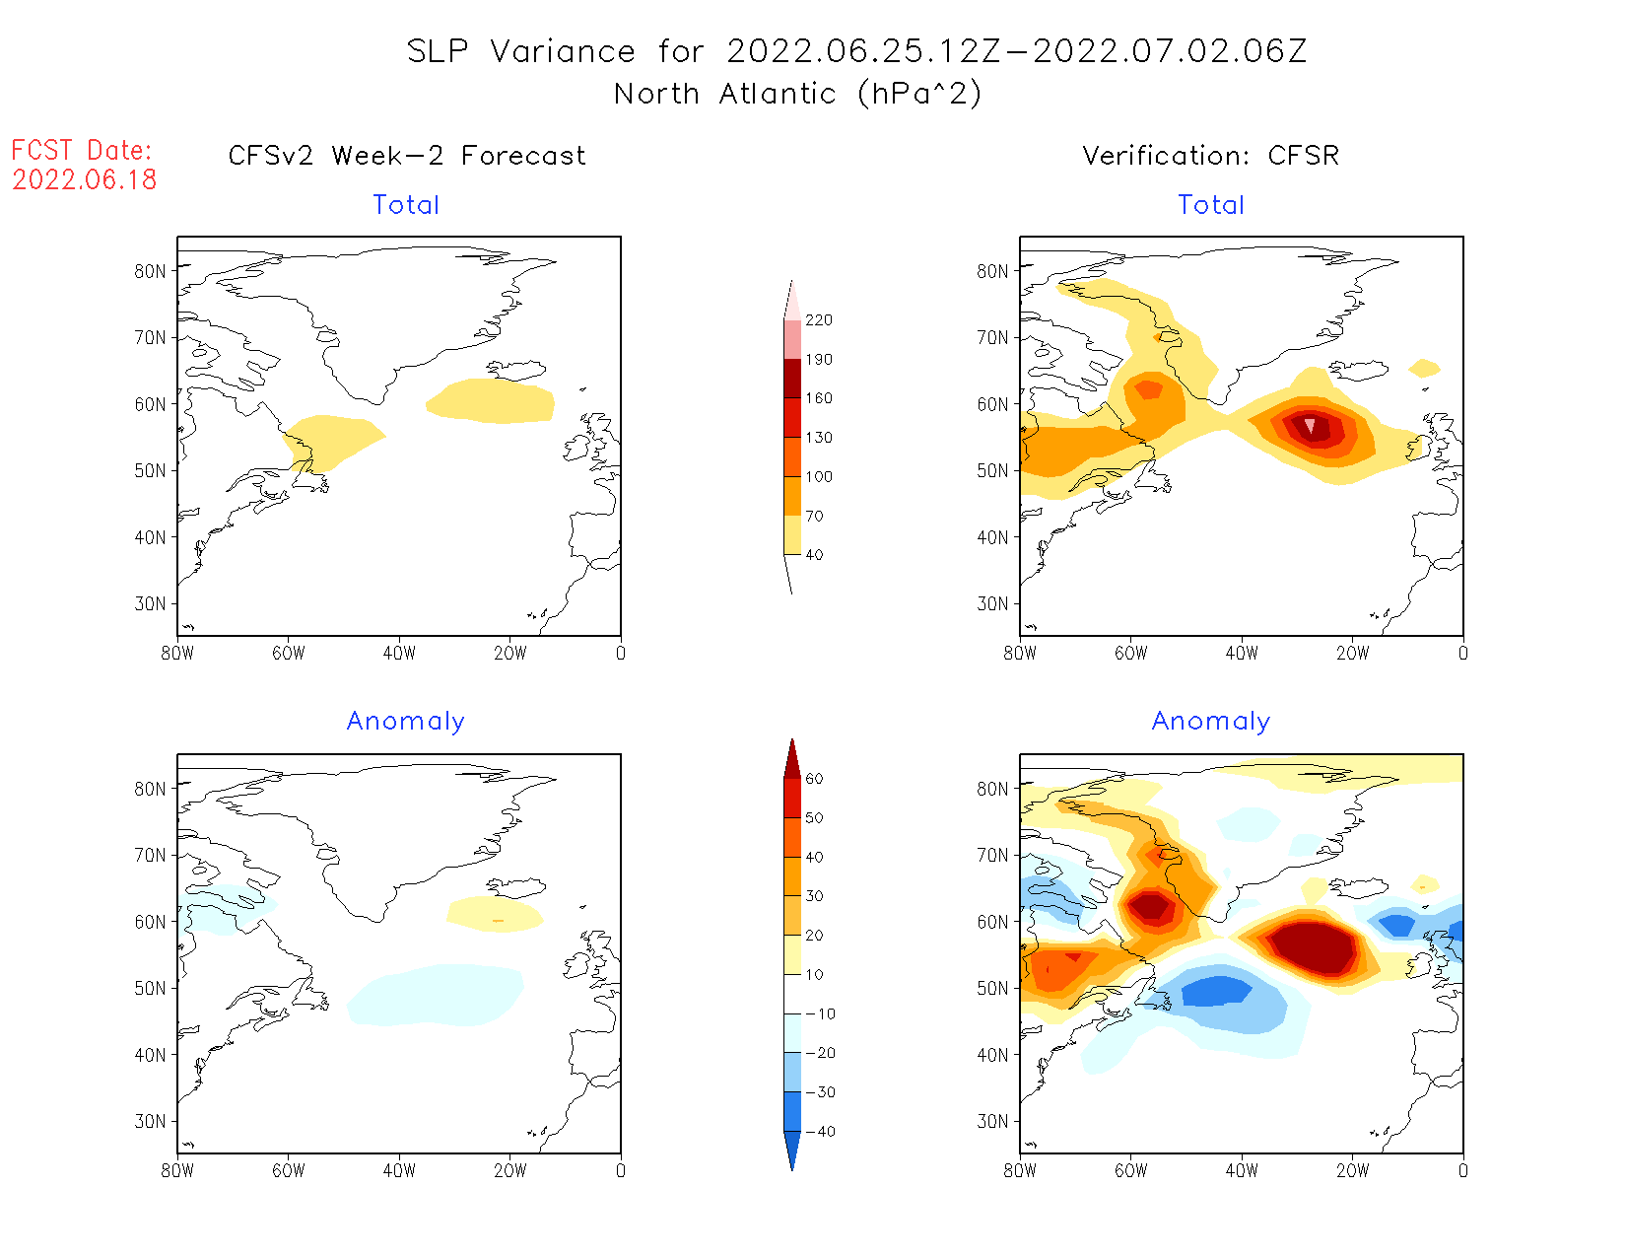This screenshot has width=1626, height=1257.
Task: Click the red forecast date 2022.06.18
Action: coord(85,179)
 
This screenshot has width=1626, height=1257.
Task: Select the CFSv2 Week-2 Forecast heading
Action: coord(406,156)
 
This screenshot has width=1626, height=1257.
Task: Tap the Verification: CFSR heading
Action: coord(1210,156)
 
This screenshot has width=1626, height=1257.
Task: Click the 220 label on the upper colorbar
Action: coord(818,320)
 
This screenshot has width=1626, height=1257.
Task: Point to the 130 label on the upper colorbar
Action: coord(818,438)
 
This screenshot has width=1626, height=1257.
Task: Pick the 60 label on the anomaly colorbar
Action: coord(814,779)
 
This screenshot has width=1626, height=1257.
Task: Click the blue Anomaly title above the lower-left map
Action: coord(405,722)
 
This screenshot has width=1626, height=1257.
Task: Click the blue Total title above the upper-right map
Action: coord(1211,205)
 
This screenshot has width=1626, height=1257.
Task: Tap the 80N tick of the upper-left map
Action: coord(151,271)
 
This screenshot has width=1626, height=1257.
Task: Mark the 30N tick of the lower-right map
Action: coord(993,1121)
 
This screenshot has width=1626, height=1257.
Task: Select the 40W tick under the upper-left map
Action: coord(399,653)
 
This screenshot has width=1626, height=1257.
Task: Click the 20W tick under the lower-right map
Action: coord(1352,1170)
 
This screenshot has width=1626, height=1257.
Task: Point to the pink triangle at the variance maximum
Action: coord(1310,425)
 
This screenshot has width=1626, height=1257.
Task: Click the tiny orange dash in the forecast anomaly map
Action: coord(498,921)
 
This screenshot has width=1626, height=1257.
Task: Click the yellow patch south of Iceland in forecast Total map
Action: coord(491,401)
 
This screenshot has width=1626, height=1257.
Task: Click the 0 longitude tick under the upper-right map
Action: coord(1462,653)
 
